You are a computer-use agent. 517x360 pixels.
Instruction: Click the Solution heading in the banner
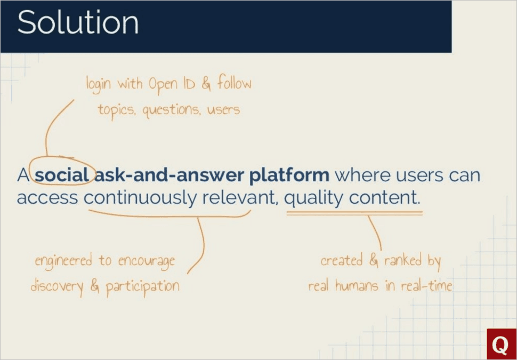78,23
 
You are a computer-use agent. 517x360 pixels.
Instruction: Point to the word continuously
140,198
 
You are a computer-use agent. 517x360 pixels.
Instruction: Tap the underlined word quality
314,198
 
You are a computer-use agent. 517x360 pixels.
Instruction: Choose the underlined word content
384,198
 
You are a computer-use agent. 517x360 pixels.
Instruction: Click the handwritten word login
100,84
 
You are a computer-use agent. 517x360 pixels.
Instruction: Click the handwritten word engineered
64,261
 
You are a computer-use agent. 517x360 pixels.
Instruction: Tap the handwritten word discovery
56,286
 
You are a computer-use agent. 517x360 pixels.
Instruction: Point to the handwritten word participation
142,286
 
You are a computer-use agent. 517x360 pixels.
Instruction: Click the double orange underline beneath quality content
354,213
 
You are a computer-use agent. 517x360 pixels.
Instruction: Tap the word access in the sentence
47,198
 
